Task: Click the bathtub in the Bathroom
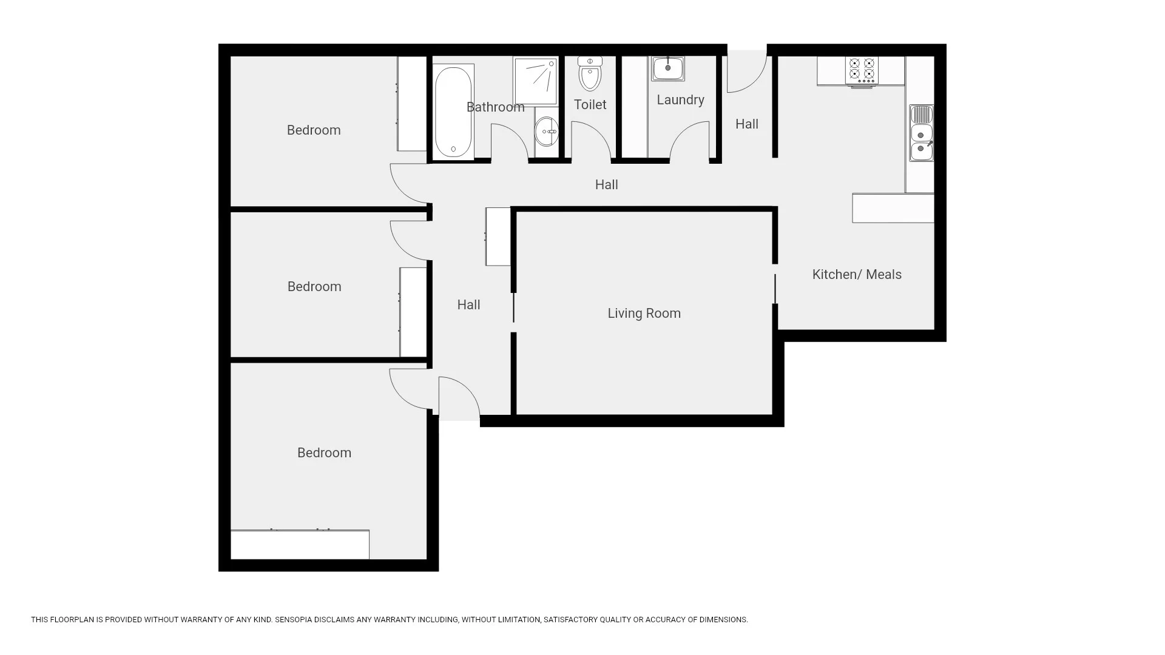tap(453, 112)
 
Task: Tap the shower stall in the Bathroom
tap(535, 81)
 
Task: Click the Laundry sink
tap(668, 69)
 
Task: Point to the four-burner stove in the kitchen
tap(862, 71)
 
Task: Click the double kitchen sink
tap(921, 133)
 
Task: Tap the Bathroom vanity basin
tap(547, 132)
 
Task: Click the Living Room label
tap(644, 314)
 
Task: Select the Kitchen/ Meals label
tap(857, 275)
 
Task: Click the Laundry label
tap(680, 100)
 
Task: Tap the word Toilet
tap(590, 105)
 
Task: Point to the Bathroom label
tap(495, 107)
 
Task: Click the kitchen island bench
tap(893, 208)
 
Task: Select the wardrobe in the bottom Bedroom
tap(300, 545)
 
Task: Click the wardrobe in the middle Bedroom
tap(413, 312)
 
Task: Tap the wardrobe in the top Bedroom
tap(412, 104)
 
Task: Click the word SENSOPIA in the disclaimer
tap(294, 620)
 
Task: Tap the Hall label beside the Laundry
tap(747, 124)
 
